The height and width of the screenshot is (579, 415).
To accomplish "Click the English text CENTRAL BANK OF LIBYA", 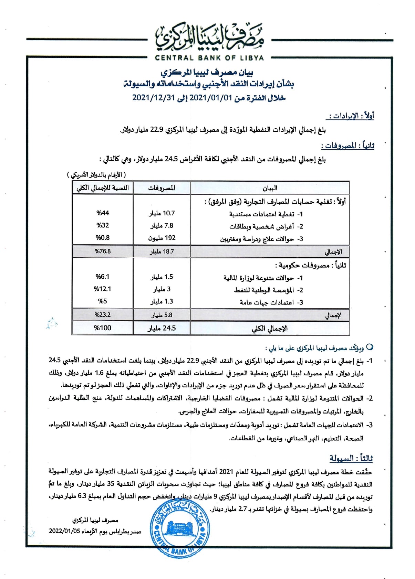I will (x=209, y=58).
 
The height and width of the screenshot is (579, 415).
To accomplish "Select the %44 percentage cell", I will (x=103, y=213).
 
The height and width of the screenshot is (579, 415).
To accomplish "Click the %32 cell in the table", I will (x=103, y=225).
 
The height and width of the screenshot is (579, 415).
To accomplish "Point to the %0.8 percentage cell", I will (x=103, y=238).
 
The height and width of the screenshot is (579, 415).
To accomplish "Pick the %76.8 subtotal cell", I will (x=103, y=251).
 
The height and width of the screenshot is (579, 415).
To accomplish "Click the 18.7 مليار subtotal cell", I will (x=162, y=251).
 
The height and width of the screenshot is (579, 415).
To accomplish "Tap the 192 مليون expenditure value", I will (x=162, y=238).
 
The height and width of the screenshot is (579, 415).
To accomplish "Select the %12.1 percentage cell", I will (x=103, y=289).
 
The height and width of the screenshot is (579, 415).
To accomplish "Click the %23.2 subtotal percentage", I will (x=103, y=315).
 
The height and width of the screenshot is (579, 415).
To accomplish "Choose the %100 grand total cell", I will (x=103, y=328).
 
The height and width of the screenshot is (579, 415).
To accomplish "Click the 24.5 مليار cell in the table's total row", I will (x=162, y=328).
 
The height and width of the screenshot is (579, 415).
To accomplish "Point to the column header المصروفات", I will (x=162, y=188).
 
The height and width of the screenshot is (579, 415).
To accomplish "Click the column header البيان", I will (x=270, y=188).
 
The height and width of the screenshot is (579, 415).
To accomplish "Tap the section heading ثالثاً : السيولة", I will (x=351, y=458).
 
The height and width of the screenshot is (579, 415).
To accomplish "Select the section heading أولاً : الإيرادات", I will (x=352, y=116).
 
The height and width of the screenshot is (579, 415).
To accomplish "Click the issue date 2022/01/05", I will (x=64, y=531).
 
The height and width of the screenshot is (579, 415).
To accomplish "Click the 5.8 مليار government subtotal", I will (x=162, y=315).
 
